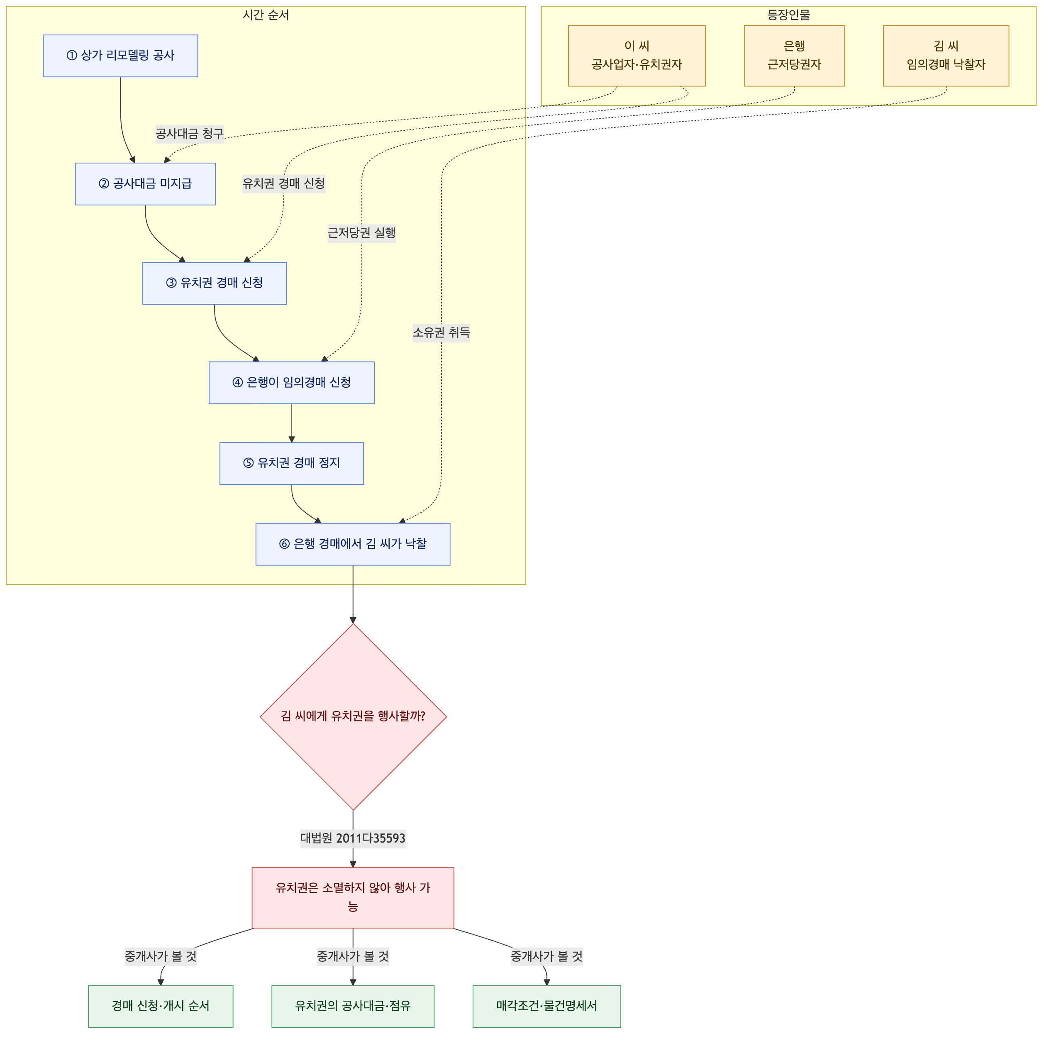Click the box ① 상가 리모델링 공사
120,56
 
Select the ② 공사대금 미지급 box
146,184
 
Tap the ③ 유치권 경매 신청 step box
215,283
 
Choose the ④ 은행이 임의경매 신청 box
292,383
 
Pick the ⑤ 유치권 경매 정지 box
292,464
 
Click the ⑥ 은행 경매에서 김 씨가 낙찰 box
353,545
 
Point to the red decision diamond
354,717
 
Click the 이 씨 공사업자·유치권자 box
637,56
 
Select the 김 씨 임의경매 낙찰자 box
947,56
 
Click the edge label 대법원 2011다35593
353,838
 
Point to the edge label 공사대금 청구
190,134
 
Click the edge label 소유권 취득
442,333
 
